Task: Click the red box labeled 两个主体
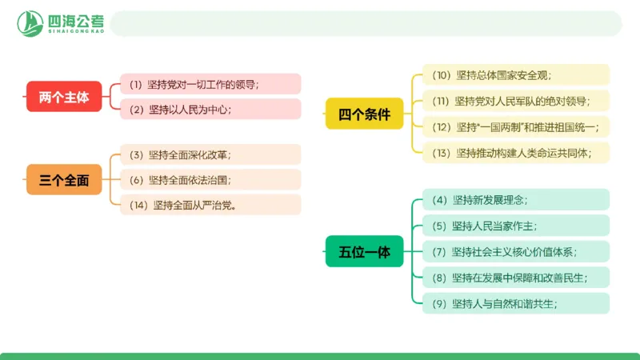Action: pos(64,97)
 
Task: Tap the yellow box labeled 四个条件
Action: pos(364,114)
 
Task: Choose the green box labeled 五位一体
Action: pos(364,252)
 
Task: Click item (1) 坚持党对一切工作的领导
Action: pos(210,84)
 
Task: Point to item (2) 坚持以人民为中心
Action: pos(210,110)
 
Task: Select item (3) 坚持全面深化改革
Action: pos(210,154)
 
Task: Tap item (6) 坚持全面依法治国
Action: pos(210,180)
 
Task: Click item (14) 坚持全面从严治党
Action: pos(210,205)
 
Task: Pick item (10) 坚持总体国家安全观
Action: pos(516,75)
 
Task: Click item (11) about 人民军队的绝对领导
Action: pos(516,101)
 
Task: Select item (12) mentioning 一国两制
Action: pos(516,126)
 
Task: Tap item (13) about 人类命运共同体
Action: pos(516,152)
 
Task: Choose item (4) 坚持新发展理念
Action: pos(516,200)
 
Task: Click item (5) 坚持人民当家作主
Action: pos(516,226)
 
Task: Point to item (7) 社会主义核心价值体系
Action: pos(516,252)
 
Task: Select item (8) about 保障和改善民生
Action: pos(516,278)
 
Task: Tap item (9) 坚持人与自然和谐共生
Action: pos(516,303)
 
